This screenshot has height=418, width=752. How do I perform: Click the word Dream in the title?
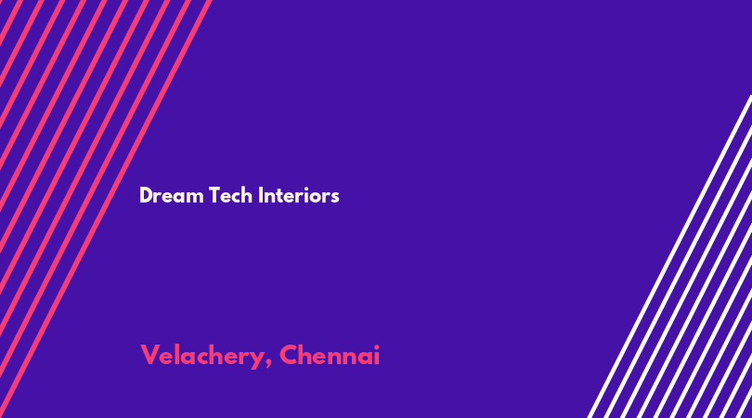pyautogui.click(x=171, y=195)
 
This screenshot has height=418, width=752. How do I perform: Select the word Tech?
pyautogui.click(x=230, y=195)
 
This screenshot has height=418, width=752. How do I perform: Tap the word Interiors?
pyautogui.click(x=298, y=195)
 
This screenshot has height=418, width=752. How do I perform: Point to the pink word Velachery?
pyautogui.click(x=202, y=357)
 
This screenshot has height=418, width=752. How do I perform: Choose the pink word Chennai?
pyautogui.click(x=330, y=355)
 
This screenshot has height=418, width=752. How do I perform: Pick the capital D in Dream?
pyautogui.click(x=146, y=195)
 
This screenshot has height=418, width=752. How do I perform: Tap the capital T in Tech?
pyautogui.click(x=214, y=195)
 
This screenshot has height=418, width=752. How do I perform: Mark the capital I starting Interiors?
pyautogui.click(x=260, y=195)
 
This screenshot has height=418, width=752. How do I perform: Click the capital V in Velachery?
pyautogui.click(x=149, y=355)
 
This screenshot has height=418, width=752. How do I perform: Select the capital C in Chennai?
pyautogui.click(x=289, y=355)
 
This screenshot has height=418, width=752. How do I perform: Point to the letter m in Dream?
pyautogui.click(x=196, y=198)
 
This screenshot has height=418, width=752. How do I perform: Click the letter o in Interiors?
pyautogui.click(x=317, y=198)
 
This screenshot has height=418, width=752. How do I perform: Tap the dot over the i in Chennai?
pyautogui.click(x=377, y=346)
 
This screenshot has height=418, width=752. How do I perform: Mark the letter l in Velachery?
pyautogui.click(x=176, y=355)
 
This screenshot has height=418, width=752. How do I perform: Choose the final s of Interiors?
pyautogui.click(x=335, y=198)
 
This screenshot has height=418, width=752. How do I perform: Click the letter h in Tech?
pyautogui.click(x=247, y=195)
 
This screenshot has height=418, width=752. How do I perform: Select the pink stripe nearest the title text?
pyautogui.click(x=106, y=209)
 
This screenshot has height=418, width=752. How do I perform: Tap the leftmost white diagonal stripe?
pyautogui.click(x=669, y=256)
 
